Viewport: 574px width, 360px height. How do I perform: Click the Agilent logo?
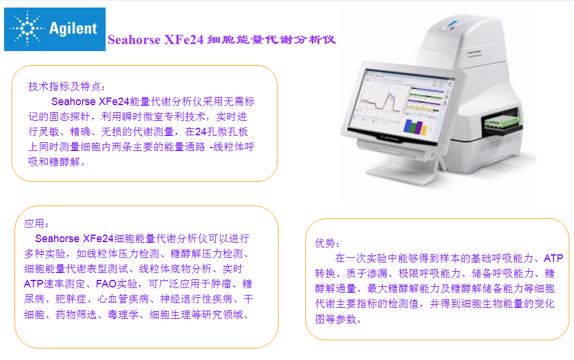coord(55,29)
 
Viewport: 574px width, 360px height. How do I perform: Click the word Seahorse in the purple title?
coord(134,39)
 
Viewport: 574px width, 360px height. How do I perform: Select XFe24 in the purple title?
coord(184,39)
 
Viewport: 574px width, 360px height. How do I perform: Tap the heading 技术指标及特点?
coord(64,87)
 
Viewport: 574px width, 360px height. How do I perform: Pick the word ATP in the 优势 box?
coord(554,258)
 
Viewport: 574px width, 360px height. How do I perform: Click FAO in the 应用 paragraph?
coord(106,284)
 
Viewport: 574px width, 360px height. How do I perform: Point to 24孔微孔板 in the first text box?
coord(222,132)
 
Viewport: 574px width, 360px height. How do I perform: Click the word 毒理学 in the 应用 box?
coord(123,315)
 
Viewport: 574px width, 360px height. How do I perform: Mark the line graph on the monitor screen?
coord(381,100)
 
